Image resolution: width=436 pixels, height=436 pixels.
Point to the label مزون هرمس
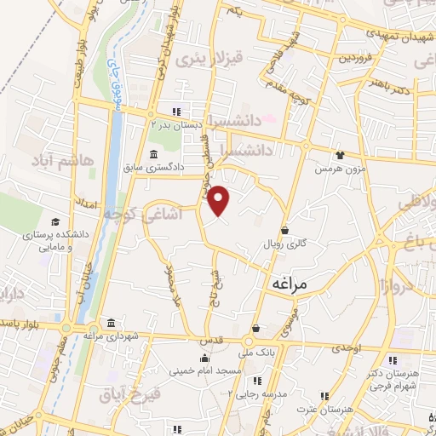pyautogui.click(x=335, y=169)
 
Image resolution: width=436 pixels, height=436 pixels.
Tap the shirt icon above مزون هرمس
pyautogui.click(x=340, y=156)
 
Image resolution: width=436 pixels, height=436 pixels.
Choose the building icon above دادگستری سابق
pyautogui.click(x=153, y=154)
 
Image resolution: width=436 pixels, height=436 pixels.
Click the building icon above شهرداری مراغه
pyautogui.click(x=112, y=322)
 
